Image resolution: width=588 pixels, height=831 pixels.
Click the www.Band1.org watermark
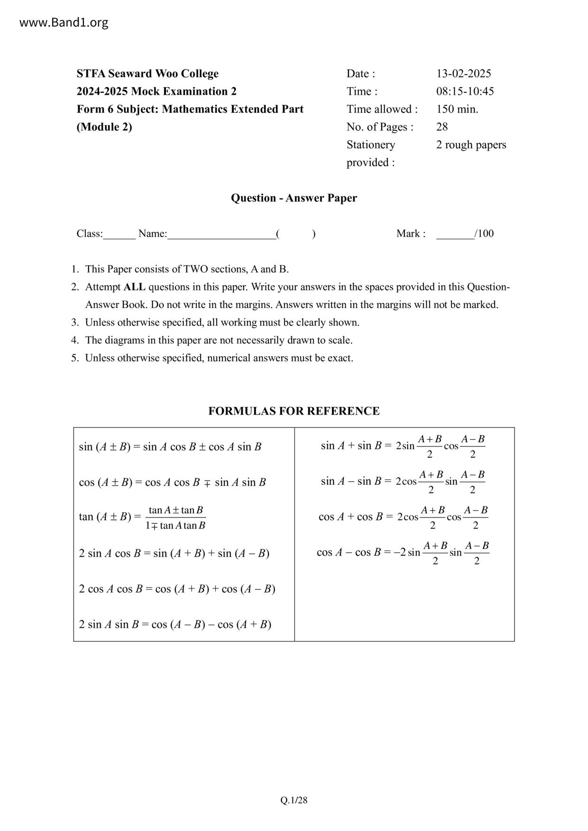(64, 22)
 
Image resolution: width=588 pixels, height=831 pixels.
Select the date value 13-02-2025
(463, 73)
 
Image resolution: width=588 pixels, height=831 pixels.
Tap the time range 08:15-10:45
(465, 91)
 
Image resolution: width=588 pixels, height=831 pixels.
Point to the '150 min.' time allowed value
(457, 109)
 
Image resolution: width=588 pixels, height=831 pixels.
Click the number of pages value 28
(442, 126)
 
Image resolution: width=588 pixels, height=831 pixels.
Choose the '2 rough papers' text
(471, 145)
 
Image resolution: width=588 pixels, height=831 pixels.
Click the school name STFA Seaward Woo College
(147, 73)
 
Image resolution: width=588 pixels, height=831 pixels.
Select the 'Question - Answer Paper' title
(294, 198)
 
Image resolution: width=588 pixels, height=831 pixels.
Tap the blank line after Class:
(119, 235)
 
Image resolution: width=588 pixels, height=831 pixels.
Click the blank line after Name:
(221, 235)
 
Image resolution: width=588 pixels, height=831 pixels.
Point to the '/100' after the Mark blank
(484, 233)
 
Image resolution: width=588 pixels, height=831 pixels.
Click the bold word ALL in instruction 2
(135, 287)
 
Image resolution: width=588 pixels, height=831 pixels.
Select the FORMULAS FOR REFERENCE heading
(294, 411)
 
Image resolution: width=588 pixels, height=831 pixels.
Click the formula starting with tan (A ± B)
(142, 517)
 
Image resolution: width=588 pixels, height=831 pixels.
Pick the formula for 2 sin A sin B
(175, 624)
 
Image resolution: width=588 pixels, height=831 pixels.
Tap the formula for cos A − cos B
(403, 552)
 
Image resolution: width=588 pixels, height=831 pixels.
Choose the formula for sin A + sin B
(403, 446)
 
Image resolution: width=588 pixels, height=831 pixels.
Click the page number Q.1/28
(294, 800)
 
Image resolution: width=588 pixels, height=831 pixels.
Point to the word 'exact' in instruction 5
(340, 358)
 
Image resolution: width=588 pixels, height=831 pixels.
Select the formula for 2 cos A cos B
(177, 588)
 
